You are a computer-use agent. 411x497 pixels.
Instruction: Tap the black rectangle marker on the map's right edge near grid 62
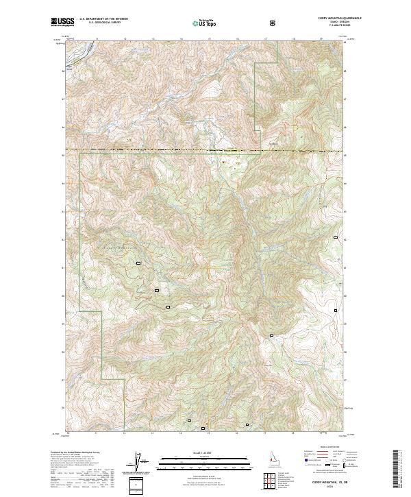click(x=336, y=237)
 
